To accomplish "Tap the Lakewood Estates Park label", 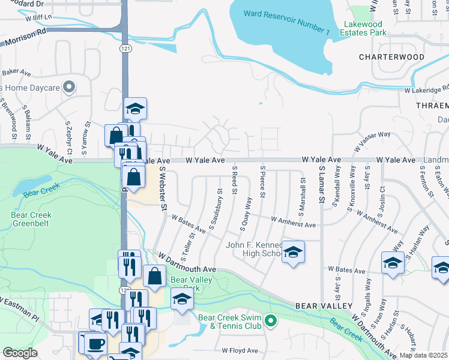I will tap(365, 29).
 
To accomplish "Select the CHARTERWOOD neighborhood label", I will tap(391, 57).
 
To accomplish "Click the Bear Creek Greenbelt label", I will tap(31, 219).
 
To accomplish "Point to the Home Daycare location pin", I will tap(70, 88).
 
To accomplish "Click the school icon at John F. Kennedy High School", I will tap(292, 253).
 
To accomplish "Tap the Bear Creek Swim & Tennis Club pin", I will tap(270, 322).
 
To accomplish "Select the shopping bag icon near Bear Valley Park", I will tap(154, 276).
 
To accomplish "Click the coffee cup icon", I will tap(95, 344).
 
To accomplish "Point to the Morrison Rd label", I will tap(25, 38).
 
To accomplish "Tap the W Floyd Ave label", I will tap(240, 350).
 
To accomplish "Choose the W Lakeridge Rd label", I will tap(427, 90).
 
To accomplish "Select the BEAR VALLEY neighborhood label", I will tap(323, 306).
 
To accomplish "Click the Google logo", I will tap(20, 353).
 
